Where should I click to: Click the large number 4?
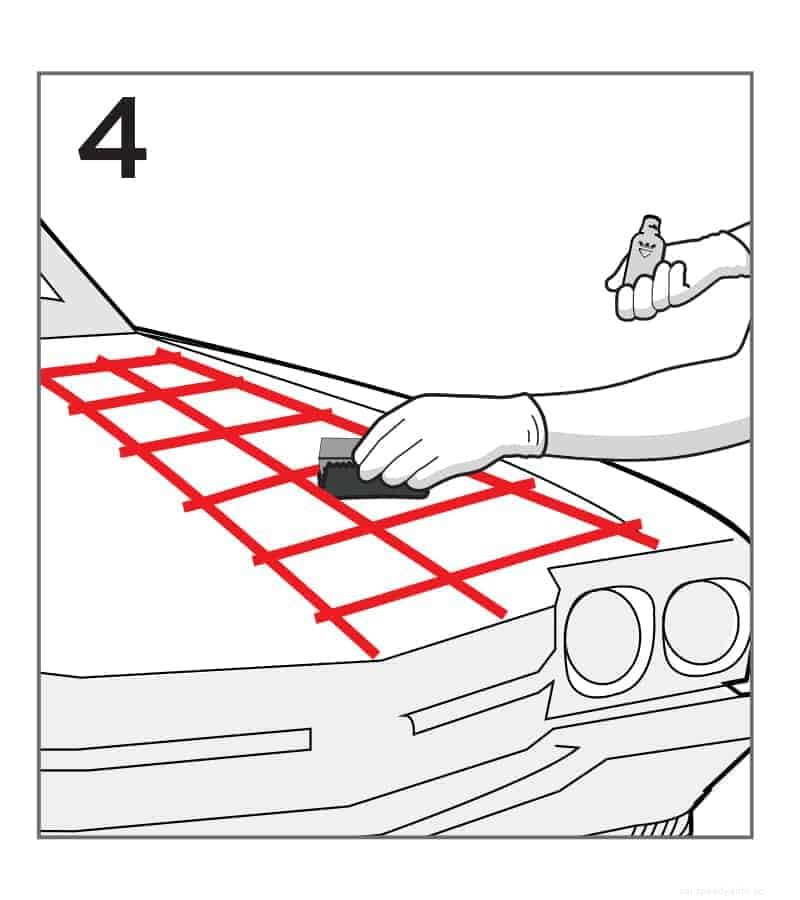click(113, 141)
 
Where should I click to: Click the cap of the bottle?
click(651, 223)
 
